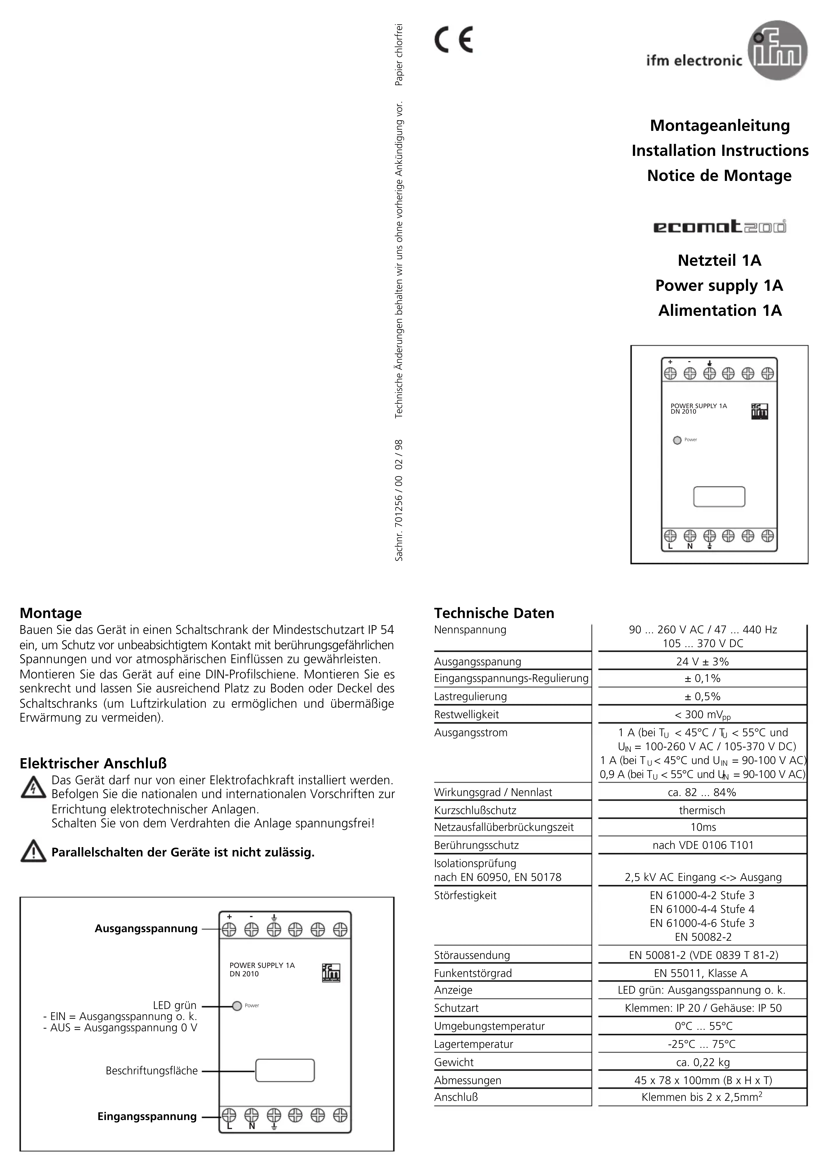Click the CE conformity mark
click(453, 40)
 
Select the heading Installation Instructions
click(720, 151)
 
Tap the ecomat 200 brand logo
click(720, 226)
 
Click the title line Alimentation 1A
click(720, 310)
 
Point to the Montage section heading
click(51, 613)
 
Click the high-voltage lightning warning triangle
click(33, 787)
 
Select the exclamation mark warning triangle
click(33, 851)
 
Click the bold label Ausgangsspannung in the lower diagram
click(146, 928)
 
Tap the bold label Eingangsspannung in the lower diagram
click(147, 1116)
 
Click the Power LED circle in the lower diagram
click(237, 1006)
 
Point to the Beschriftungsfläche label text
click(152, 1070)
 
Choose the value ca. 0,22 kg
click(702, 1062)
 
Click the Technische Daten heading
click(494, 613)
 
